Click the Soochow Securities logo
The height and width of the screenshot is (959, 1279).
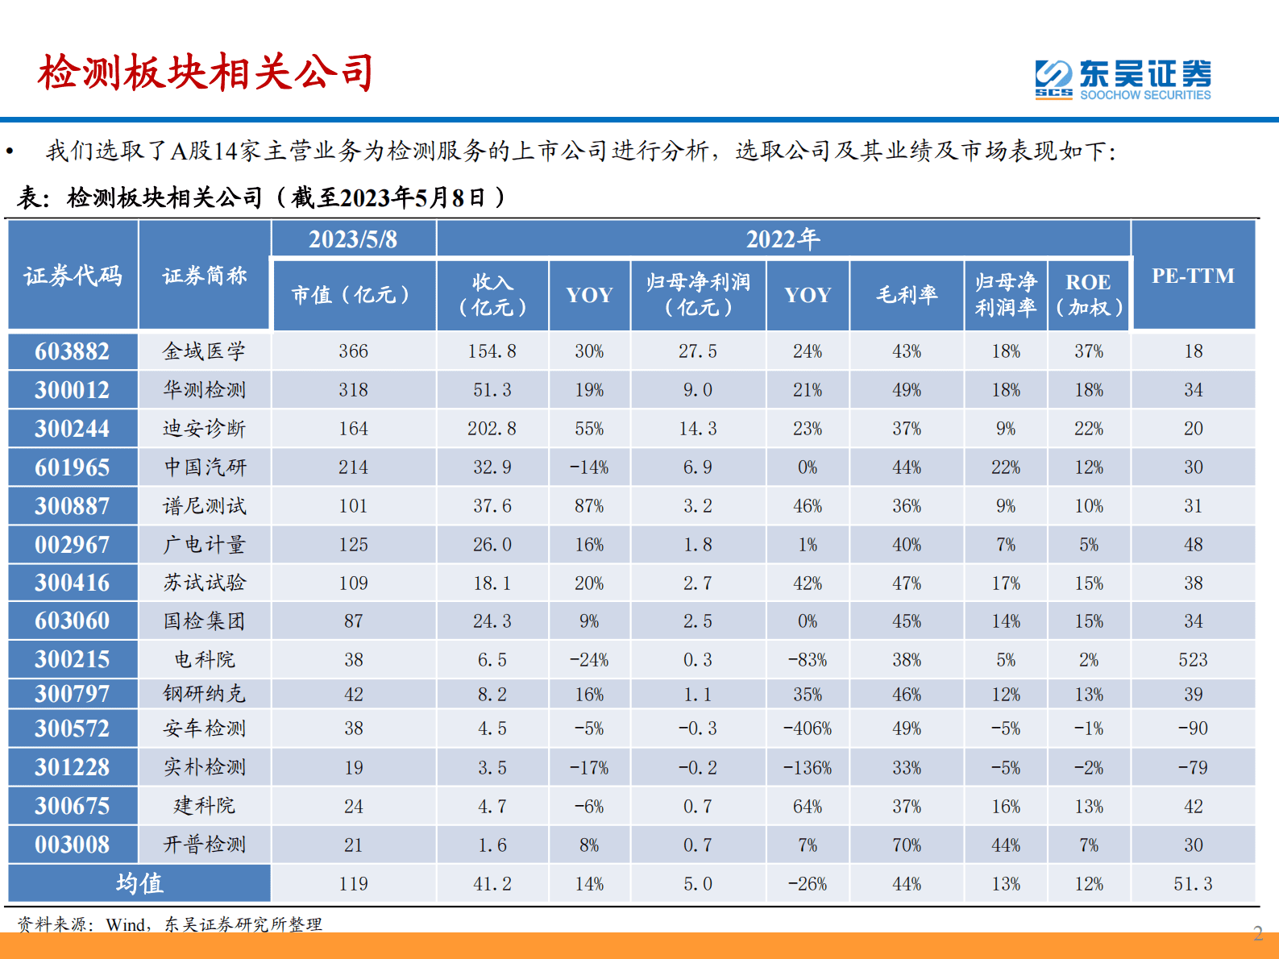click(1123, 79)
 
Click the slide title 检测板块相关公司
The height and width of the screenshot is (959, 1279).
click(206, 73)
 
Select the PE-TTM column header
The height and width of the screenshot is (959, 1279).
click(1193, 276)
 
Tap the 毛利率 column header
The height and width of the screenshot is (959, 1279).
click(907, 295)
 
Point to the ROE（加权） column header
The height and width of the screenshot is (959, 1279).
click(1088, 295)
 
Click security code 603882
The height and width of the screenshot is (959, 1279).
click(72, 351)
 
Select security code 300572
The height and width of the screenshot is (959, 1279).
click(72, 729)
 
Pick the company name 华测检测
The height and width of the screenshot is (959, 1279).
click(204, 390)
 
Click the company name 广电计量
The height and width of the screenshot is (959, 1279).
click(204, 545)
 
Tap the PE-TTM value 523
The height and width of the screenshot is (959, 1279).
click(1193, 660)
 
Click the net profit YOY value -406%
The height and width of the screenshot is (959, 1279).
click(808, 729)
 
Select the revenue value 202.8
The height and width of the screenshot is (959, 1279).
click(492, 429)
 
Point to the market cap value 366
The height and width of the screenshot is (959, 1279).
click(353, 351)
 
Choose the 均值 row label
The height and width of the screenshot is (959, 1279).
click(139, 884)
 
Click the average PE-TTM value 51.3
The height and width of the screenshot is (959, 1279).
click(1193, 884)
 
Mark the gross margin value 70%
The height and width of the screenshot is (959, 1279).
click(907, 845)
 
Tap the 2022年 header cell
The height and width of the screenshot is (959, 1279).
click(783, 239)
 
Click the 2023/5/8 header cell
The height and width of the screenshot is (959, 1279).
click(353, 239)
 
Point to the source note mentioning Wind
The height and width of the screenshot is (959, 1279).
click(170, 924)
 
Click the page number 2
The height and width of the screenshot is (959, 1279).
click(1258, 934)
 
